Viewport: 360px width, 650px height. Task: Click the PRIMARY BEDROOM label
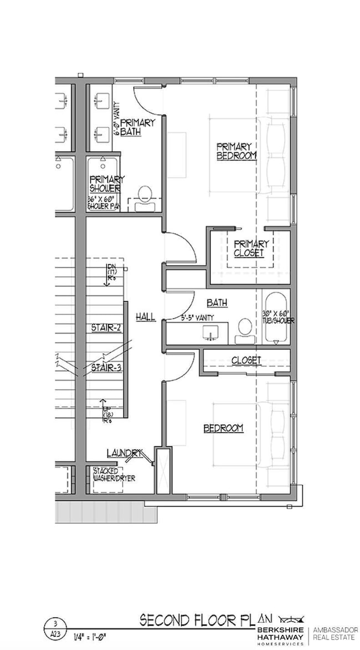pyautogui.click(x=236, y=151)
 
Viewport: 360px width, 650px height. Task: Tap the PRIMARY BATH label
pyautogui.click(x=136, y=127)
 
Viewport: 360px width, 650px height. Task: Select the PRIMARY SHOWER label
pyautogui.click(x=106, y=183)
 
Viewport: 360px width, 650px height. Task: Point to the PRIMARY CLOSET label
pyautogui.click(x=251, y=248)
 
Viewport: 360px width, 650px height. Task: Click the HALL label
pyautogui.click(x=146, y=317)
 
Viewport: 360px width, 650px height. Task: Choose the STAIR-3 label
pyautogui.click(x=106, y=367)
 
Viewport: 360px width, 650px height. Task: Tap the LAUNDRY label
pyautogui.click(x=125, y=453)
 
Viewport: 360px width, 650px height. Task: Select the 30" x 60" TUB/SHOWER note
pyautogui.click(x=278, y=317)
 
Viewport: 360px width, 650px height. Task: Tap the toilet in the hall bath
pyautogui.click(x=244, y=330)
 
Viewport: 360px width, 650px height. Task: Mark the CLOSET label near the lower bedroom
pyautogui.click(x=246, y=360)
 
